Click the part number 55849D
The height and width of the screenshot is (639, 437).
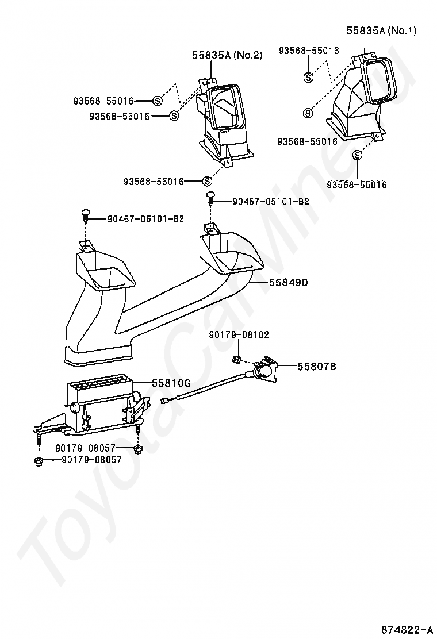pos(287,282)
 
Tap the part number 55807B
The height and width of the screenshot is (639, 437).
pos(316,365)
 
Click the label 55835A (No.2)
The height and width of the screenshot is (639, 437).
pos(227,55)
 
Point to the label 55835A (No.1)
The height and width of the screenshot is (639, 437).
pos(381,30)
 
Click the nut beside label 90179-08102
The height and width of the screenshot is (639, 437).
pos(236,360)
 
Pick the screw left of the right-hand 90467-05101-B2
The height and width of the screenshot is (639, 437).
pos(211,198)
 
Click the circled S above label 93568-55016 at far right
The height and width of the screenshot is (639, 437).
pos(357,155)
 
